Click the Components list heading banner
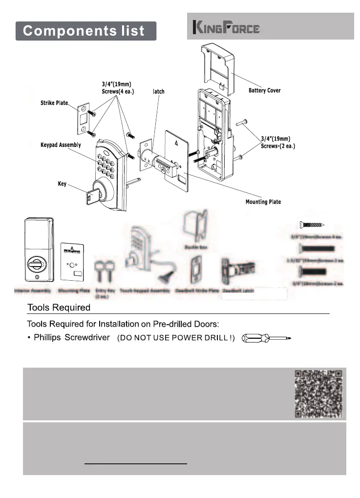click(x=85, y=31)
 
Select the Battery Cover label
click(x=264, y=90)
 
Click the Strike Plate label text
click(x=54, y=103)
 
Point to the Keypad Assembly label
click(x=60, y=145)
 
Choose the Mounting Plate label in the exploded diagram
click(x=263, y=202)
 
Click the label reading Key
click(x=62, y=184)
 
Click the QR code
click(x=318, y=394)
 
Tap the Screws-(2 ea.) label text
click(x=278, y=146)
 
